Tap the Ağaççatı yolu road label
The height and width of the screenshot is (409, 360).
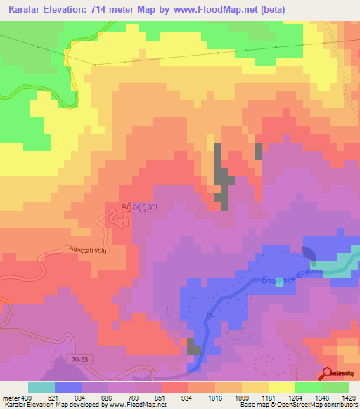point(88,249)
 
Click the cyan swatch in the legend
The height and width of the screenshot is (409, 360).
point(41,387)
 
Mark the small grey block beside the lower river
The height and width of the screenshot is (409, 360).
point(193,346)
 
